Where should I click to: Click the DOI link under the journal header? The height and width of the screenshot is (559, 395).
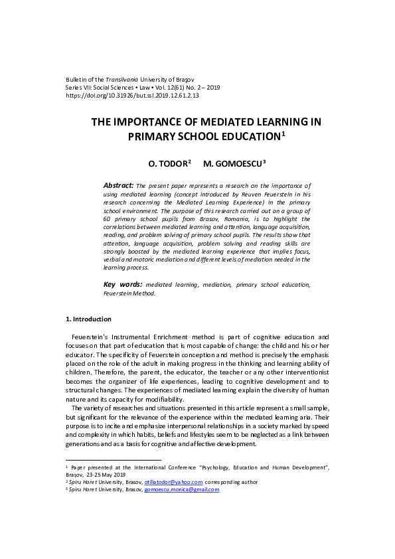(x=132, y=96)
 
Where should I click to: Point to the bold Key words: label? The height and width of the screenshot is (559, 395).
(x=123, y=284)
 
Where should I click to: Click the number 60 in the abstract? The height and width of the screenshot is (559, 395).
(x=108, y=218)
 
